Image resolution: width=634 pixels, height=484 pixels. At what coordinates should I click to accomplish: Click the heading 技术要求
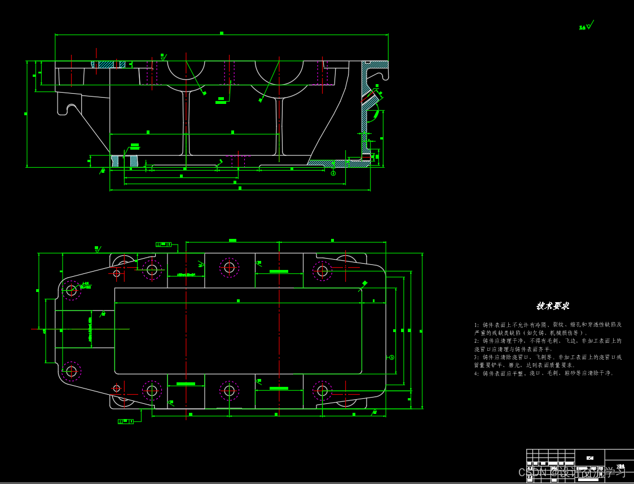tap(553, 306)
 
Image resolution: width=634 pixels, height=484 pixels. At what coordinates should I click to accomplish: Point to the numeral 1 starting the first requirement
tap(476, 325)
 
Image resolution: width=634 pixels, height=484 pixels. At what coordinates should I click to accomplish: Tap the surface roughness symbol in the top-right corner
tap(586, 26)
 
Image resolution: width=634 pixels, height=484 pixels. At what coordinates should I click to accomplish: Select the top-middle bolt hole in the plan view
tap(229, 267)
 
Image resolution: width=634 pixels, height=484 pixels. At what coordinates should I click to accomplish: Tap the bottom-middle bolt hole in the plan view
tap(229, 390)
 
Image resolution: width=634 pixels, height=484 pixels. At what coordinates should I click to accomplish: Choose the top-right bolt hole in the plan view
tap(322, 271)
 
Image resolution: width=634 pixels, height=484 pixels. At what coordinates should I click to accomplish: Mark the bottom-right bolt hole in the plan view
tap(322, 390)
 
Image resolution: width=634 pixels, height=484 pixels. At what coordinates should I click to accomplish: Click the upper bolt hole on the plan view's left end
tap(71, 290)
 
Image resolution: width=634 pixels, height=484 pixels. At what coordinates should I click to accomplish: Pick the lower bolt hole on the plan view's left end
tap(71, 371)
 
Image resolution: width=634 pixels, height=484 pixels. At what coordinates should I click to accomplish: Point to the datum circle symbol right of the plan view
tap(391, 357)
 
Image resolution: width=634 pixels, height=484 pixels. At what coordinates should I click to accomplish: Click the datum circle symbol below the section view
tap(333, 173)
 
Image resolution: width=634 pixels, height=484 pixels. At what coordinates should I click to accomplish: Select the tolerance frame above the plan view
tap(164, 244)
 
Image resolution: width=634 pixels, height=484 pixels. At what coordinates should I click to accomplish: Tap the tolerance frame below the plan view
tap(126, 421)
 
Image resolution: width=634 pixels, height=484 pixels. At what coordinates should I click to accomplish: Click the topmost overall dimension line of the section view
tap(221, 35)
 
